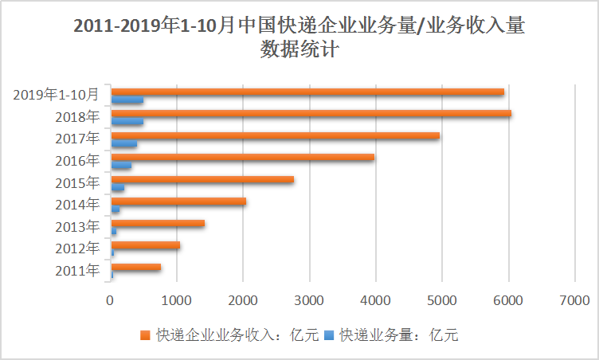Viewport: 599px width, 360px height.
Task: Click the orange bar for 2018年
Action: [311, 113]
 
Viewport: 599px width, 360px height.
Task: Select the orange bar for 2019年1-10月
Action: [307, 92]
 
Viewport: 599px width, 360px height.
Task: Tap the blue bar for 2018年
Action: [127, 122]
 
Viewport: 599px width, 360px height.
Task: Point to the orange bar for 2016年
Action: [242, 157]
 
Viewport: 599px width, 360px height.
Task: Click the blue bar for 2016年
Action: [121, 166]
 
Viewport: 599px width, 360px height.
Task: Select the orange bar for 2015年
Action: [202, 179]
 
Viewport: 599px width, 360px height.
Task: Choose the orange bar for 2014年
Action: [178, 202]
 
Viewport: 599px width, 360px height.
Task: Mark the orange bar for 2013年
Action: [158, 223]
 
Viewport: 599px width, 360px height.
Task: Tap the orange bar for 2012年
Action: [145, 245]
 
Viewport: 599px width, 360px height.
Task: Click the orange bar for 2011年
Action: [135, 267]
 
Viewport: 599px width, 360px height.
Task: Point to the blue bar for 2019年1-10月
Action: [127, 100]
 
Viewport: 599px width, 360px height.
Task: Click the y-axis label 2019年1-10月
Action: [57, 95]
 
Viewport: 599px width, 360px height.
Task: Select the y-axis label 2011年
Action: [78, 271]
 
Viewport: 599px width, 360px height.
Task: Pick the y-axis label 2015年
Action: [78, 183]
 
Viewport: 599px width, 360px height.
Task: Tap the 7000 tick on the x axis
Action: [574, 300]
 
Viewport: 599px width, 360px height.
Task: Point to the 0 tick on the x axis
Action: [111, 300]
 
